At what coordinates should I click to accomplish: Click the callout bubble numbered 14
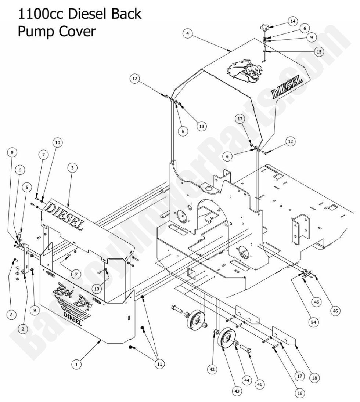tap(293, 21)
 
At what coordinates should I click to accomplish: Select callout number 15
tap(319, 52)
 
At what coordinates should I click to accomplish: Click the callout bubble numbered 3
tap(73, 167)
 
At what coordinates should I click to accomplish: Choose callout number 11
tap(159, 363)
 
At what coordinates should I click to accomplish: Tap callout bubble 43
tap(237, 392)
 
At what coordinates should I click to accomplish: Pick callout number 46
tap(335, 311)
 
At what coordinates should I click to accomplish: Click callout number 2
tap(23, 329)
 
